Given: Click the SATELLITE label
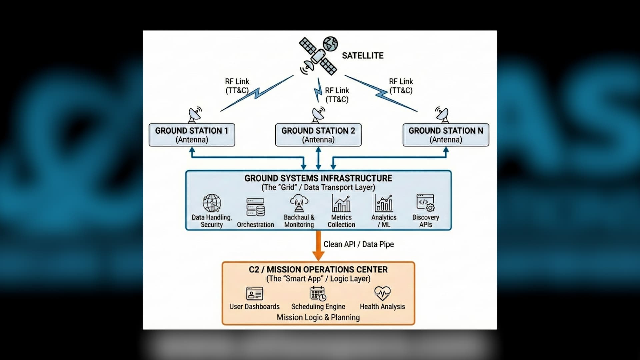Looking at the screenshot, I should pyautogui.click(x=363, y=55).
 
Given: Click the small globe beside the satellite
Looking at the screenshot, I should pyautogui.click(x=330, y=44).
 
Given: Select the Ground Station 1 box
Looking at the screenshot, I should pyautogui.click(x=192, y=135).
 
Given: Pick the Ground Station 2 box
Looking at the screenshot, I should pyautogui.click(x=318, y=135).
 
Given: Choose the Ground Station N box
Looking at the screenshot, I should pyautogui.click(x=446, y=135).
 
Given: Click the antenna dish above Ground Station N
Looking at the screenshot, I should pyautogui.click(x=442, y=114).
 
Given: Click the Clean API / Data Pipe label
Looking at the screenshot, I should pyautogui.click(x=358, y=244).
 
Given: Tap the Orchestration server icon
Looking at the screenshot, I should pyautogui.click(x=255, y=207).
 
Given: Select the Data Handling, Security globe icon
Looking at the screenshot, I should pyautogui.click(x=212, y=203).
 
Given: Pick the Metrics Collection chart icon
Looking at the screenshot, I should pyautogui.click(x=341, y=204).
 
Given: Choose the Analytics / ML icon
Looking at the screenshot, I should pyautogui.click(x=384, y=204).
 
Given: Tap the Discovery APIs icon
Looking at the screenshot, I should pyautogui.click(x=425, y=203).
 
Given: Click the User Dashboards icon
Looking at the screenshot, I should pyautogui.click(x=254, y=294).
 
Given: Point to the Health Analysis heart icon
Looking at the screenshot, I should pyautogui.click(x=382, y=293).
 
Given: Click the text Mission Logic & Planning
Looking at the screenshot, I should pyautogui.click(x=318, y=317).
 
